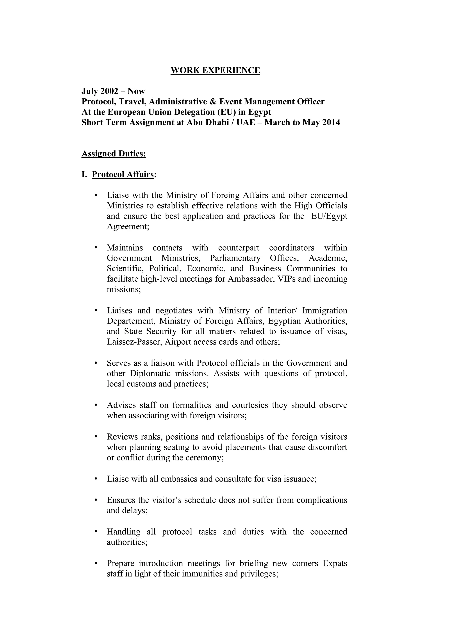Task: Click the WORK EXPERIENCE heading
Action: click(215, 70)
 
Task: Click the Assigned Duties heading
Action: click(114, 154)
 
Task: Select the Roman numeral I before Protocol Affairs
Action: click(84, 175)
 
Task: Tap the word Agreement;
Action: click(128, 227)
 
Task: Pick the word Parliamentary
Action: click(235, 258)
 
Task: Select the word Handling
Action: click(123, 531)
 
